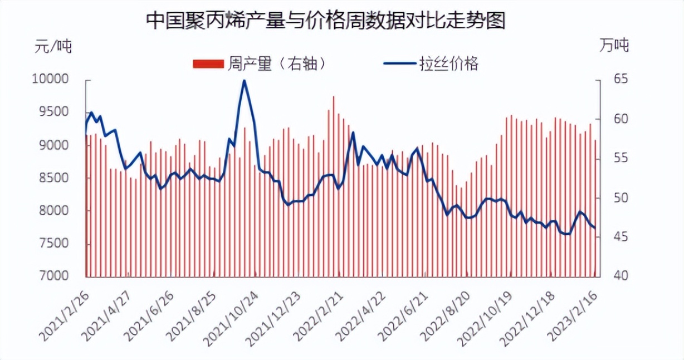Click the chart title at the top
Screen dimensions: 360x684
tap(325, 21)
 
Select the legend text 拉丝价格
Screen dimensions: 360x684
tap(448, 64)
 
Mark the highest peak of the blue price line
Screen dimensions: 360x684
tap(244, 81)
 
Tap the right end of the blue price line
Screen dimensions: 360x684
tap(595, 227)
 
